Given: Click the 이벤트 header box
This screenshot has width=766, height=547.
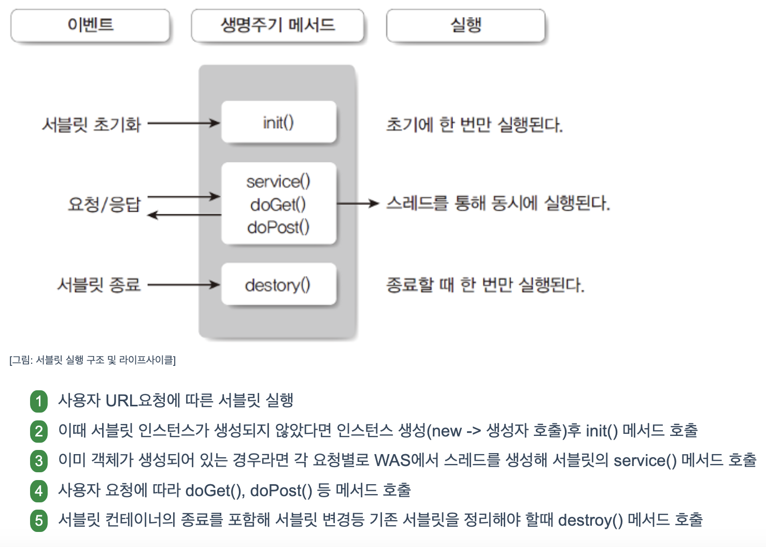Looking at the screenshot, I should (x=90, y=25).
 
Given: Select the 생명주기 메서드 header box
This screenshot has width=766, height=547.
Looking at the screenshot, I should (x=278, y=25).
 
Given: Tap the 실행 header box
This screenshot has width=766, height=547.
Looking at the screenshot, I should (x=465, y=25).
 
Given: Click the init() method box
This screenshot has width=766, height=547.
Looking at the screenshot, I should (x=279, y=122).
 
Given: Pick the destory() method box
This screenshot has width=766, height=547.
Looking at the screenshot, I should (x=279, y=284).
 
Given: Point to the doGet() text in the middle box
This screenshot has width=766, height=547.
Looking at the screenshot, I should (x=278, y=204).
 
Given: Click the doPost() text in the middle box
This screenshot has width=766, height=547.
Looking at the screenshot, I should (x=278, y=227).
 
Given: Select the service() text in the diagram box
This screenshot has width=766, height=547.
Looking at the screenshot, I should (x=278, y=182).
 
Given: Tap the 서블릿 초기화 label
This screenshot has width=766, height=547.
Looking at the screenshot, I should (x=91, y=125).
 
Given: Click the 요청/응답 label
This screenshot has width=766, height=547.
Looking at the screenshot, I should (x=104, y=204).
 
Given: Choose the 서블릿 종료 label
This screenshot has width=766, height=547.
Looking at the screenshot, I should (x=98, y=284).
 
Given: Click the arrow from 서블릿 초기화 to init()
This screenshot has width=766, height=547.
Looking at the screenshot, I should (x=184, y=124).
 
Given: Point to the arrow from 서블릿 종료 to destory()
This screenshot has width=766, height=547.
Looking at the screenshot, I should (x=184, y=284).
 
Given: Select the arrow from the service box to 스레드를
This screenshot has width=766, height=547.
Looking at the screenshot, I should (x=358, y=203).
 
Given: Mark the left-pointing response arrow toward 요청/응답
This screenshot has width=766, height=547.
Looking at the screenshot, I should (x=184, y=214).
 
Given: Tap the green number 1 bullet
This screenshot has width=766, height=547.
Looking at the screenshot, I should (x=39, y=401).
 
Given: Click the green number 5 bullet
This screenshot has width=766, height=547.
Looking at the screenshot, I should (x=39, y=520).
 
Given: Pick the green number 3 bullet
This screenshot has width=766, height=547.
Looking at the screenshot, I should (x=39, y=460).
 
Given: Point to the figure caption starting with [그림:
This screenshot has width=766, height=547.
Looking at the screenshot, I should (x=93, y=360).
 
